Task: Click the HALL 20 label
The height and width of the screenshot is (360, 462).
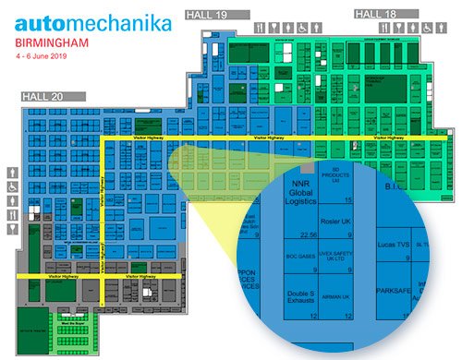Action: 43,95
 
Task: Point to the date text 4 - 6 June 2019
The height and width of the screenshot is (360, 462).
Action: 43,56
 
